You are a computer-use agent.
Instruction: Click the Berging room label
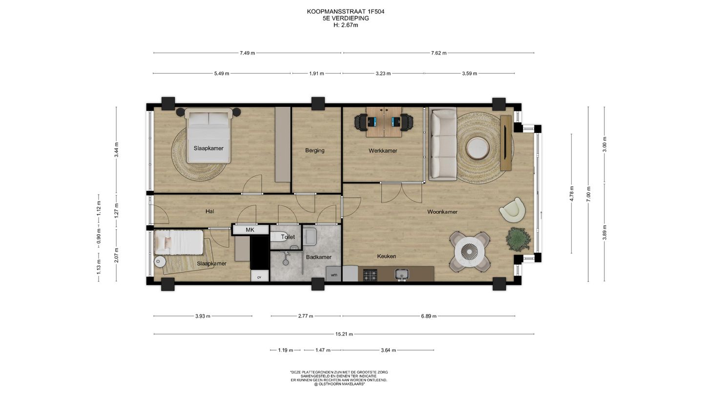314,150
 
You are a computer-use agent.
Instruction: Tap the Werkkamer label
383,151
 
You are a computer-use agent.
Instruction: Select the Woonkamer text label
442,212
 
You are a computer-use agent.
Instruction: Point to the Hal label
210,211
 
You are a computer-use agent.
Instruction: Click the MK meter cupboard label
250,230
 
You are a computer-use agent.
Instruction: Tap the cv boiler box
259,277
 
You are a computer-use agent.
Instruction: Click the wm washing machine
334,275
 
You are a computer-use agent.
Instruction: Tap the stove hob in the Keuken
370,275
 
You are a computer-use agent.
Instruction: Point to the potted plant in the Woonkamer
518,238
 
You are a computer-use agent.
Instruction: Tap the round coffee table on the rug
476,148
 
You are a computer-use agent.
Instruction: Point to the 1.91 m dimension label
317,74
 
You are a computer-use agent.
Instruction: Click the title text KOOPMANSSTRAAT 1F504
345,11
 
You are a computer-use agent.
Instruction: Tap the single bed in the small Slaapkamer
179,242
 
